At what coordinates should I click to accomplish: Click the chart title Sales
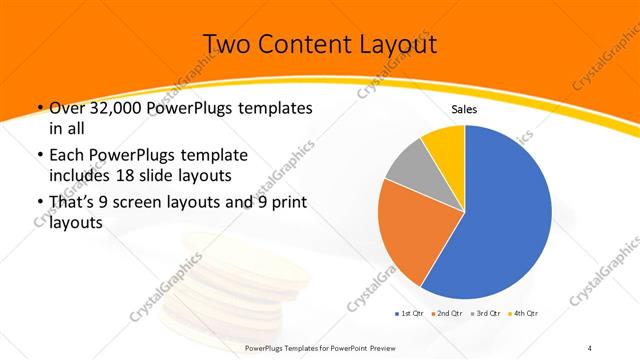point(464,109)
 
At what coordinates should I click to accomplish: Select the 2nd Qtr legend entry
point(445,313)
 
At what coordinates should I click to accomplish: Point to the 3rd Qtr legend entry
point(485,313)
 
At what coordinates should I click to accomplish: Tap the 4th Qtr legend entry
point(524,313)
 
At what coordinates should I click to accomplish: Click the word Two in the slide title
point(226,45)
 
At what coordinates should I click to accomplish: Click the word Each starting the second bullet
point(67,156)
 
